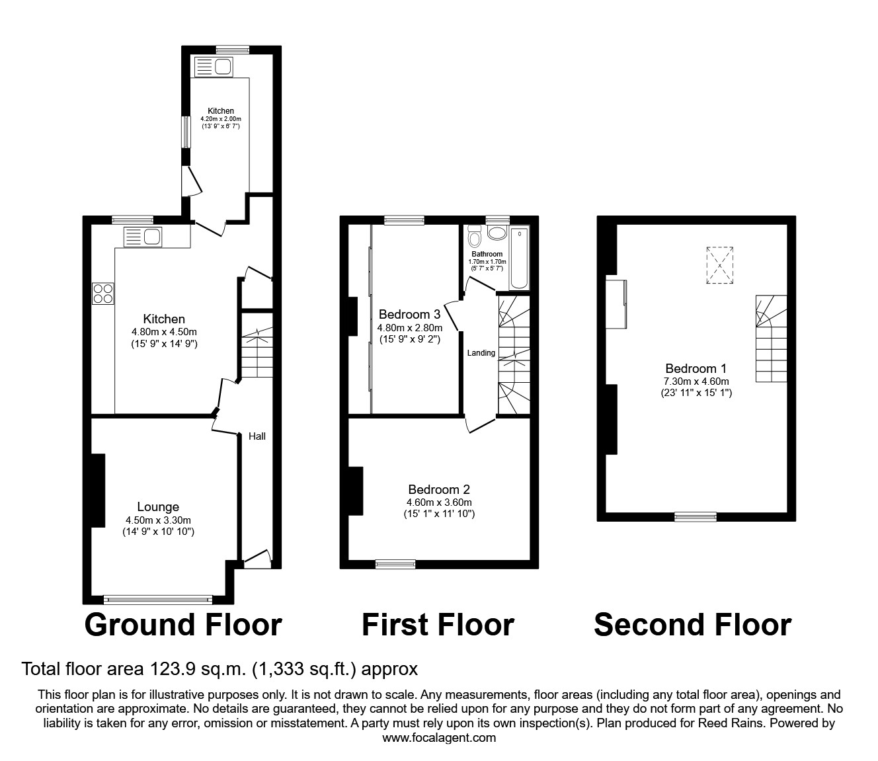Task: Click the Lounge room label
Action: click(x=158, y=507)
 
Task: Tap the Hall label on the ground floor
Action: click(x=257, y=436)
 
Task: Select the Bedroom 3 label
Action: click(x=409, y=315)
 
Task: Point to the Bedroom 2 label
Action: click(x=439, y=490)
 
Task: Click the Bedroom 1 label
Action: click(x=691, y=369)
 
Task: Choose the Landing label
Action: click(x=481, y=353)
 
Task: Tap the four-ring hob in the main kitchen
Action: click(x=102, y=293)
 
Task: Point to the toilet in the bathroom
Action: click(x=474, y=236)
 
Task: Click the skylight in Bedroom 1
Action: click(x=720, y=265)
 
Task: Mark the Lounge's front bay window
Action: click(x=158, y=600)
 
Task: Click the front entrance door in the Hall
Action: click(x=258, y=561)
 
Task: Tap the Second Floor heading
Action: click(x=692, y=625)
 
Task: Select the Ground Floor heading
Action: click(x=183, y=625)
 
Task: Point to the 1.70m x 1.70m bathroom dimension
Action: click(x=487, y=262)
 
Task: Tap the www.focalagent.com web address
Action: click(x=439, y=738)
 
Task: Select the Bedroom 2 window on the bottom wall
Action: click(x=395, y=564)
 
